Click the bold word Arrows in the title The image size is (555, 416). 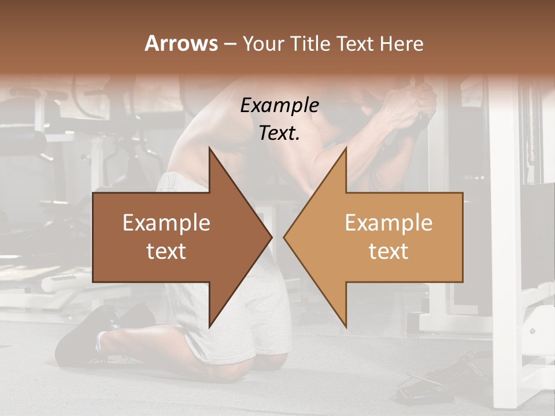[181, 43]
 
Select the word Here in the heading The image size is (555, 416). [401, 43]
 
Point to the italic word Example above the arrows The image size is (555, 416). [280, 105]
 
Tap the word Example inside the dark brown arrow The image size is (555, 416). [166, 223]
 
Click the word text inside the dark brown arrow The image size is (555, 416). [166, 251]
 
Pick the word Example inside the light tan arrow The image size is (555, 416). [388, 223]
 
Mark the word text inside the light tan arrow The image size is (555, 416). [388, 251]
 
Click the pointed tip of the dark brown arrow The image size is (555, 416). [270, 237]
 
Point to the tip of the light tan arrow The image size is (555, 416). [286, 237]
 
